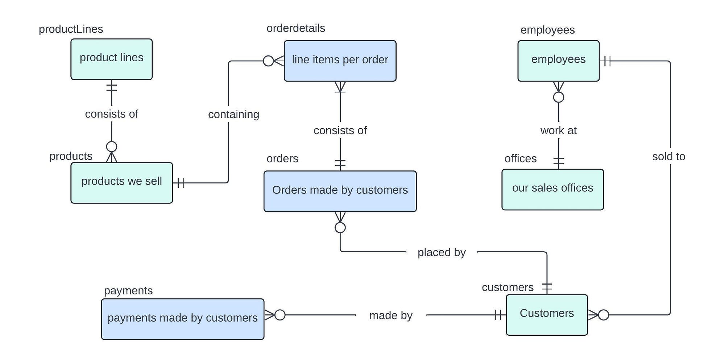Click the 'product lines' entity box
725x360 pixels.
(111, 59)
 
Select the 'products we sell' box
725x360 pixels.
(121, 183)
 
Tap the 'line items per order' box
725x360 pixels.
(340, 61)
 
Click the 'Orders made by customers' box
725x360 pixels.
(340, 191)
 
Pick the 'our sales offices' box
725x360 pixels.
(552, 189)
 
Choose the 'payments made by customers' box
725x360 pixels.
(183, 319)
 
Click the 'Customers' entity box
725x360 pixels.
(547, 315)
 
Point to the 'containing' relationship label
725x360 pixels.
(233, 115)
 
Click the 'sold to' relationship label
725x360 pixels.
(668, 157)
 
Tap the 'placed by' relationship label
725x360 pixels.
(442, 252)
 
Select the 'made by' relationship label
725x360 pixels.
(391, 315)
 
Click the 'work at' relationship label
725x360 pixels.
(558, 131)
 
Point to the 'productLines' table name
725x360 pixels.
(71, 29)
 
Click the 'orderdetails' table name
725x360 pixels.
(296, 28)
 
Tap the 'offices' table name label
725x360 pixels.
(521, 158)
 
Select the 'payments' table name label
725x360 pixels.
(128, 291)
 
